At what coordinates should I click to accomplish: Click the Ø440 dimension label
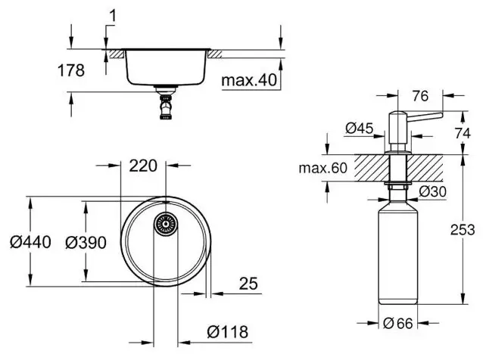(30, 242)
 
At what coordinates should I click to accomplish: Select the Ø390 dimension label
(86, 243)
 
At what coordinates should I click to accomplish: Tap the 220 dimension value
(143, 166)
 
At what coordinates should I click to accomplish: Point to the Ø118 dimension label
(228, 332)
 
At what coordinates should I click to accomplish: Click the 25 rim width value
(248, 284)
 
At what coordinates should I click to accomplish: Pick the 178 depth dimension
(71, 70)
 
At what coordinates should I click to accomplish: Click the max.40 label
(250, 80)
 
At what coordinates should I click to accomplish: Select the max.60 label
(323, 168)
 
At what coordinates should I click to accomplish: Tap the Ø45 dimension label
(359, 128)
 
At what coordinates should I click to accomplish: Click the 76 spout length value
(420, 96)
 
